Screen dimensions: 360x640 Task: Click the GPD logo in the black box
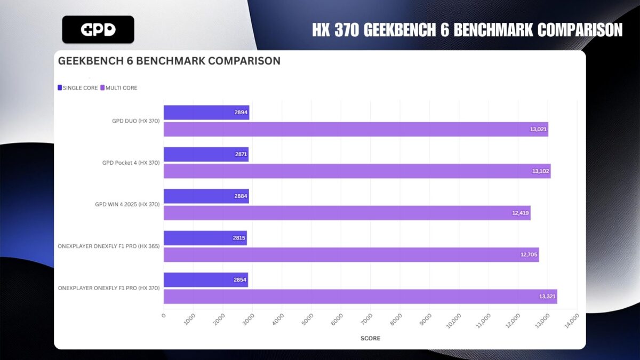pyautogui.click(x=98, y=30)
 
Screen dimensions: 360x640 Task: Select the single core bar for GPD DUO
pyautogui.click(x=206, y=113)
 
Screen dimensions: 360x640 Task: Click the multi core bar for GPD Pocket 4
pyautogui.click(x=357, y=171)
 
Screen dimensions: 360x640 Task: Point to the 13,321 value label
pyautogui.click(x=547, y=297)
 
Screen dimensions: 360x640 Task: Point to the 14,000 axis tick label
pyautogui.click(x=572, y=321)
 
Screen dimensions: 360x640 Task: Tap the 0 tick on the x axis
pyautogui.click(x=164, y=316)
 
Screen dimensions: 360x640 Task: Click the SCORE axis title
pyautogui.click(x=370, y=338)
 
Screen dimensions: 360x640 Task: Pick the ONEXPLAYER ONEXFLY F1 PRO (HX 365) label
pyautogui.click(x=109, y=246)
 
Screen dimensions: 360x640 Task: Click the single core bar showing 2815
pyautogui.click(x=205, y=238)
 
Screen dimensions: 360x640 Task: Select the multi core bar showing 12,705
pyautogui.click(x=351, y=255)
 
